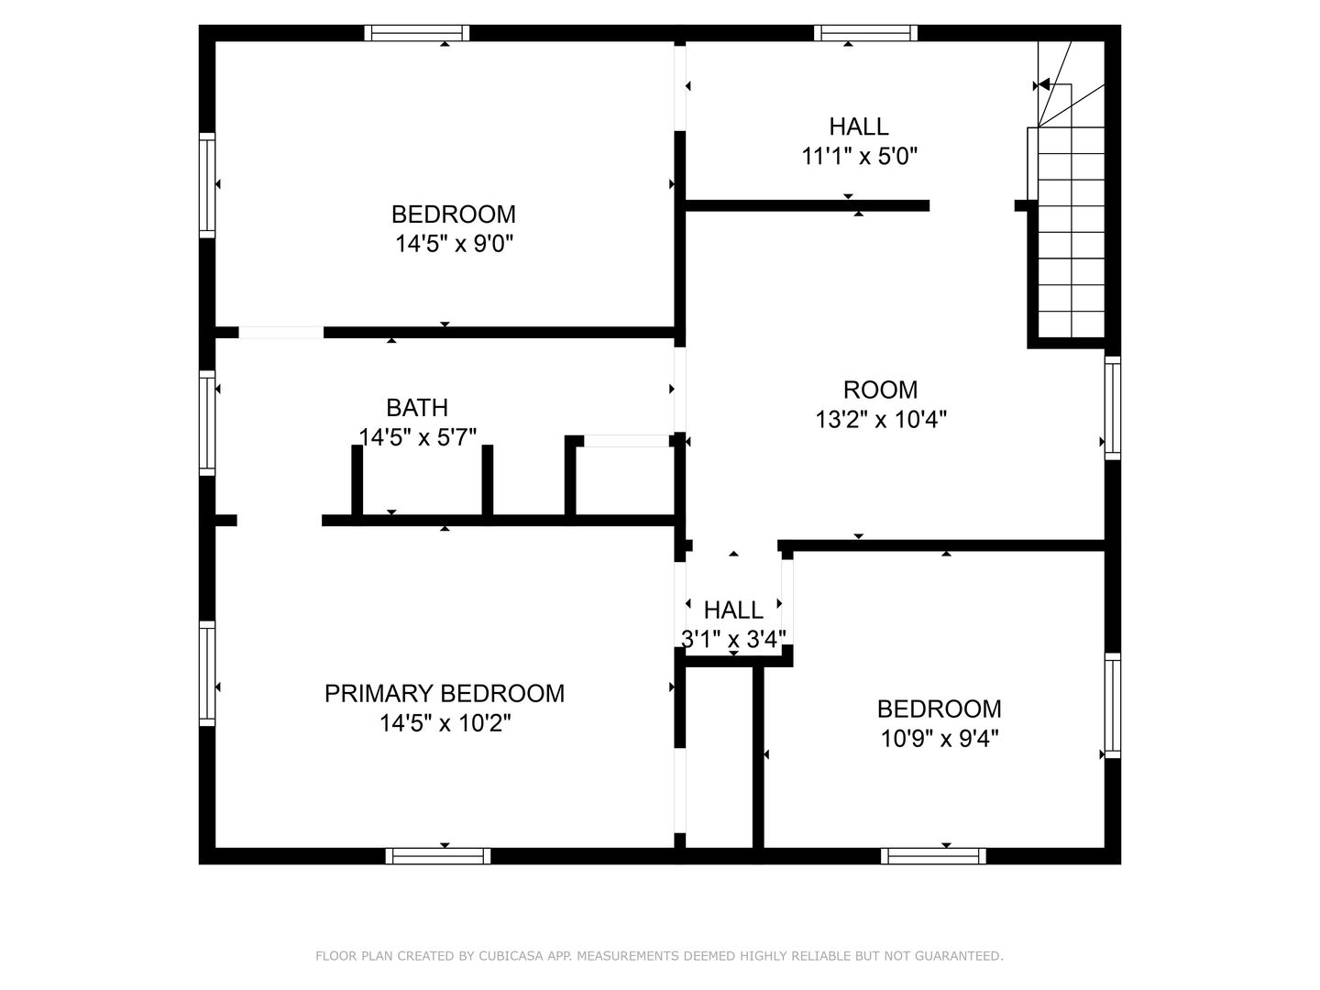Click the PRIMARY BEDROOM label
click(x=445, y=694)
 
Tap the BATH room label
click(x=417, y=408)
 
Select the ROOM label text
click(x=880, y=390)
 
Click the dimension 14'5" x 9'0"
click(x=454, y=244)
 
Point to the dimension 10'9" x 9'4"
click(x=940, y=739)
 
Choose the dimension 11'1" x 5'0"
click(x=859, y=156)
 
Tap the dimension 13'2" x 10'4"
click(x=881, y=419)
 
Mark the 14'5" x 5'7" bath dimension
click(x=417, y=437)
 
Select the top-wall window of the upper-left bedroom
click(x=417, y=33)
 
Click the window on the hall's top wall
click(x=866, y=33)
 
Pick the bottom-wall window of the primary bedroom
click(x=438, y=856)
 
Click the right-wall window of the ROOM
click(x=1113, y=408)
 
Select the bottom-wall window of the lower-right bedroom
click(x=933, y=856)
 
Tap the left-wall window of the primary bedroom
click(x=207, y=674)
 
